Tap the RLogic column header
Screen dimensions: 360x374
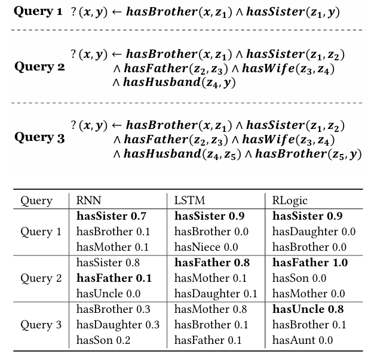(x=290, y=201)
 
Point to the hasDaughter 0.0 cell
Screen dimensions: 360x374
(x=314, y=232)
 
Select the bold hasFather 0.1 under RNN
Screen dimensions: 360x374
(x=114, y=278)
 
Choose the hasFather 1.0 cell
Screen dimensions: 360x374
(x=310, y=263)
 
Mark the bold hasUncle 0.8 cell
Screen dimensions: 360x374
(x=308, y=309)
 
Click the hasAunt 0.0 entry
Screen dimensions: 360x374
(x=302, y=340)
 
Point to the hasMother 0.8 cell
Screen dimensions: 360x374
(x=210, y=309)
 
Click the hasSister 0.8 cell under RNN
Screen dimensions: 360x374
(x=109, y=263)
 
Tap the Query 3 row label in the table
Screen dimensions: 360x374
(x=41, y=325)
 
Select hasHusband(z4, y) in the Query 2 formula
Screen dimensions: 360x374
(x=179, y=82)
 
